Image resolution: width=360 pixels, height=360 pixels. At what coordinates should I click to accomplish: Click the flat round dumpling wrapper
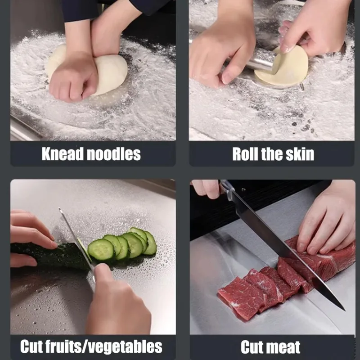(288, 67)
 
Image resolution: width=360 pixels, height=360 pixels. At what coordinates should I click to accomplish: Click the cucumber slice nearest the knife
(100, 250)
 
